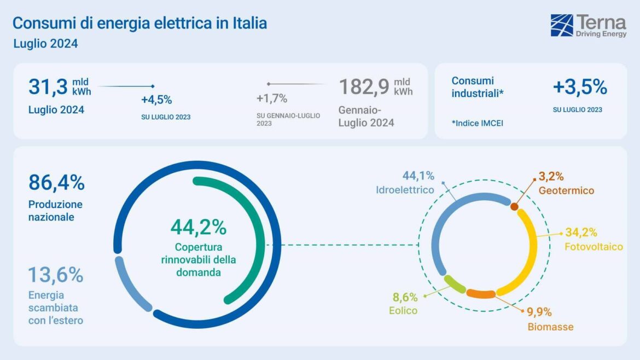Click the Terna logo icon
tap(562, 25)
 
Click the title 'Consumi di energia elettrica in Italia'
tap(139, 24)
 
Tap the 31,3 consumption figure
tap(48, 87)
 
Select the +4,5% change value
tap(156, 100)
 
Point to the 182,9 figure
tap(364, 87)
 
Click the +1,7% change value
tap(272, 98)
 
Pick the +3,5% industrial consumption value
tap(580, 87)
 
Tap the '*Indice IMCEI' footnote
tap(477, 123)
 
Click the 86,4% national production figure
tap(56, 183)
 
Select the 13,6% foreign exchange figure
tap(55, 275)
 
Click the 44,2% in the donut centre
tap(198, 227)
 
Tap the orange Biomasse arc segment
tap(480, 294)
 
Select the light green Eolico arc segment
tap(453, 283)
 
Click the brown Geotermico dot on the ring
tap(514, 206)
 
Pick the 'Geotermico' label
tap(566, 191)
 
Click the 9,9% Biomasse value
tap(539, 312)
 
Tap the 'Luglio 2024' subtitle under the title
tap(45, 44)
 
